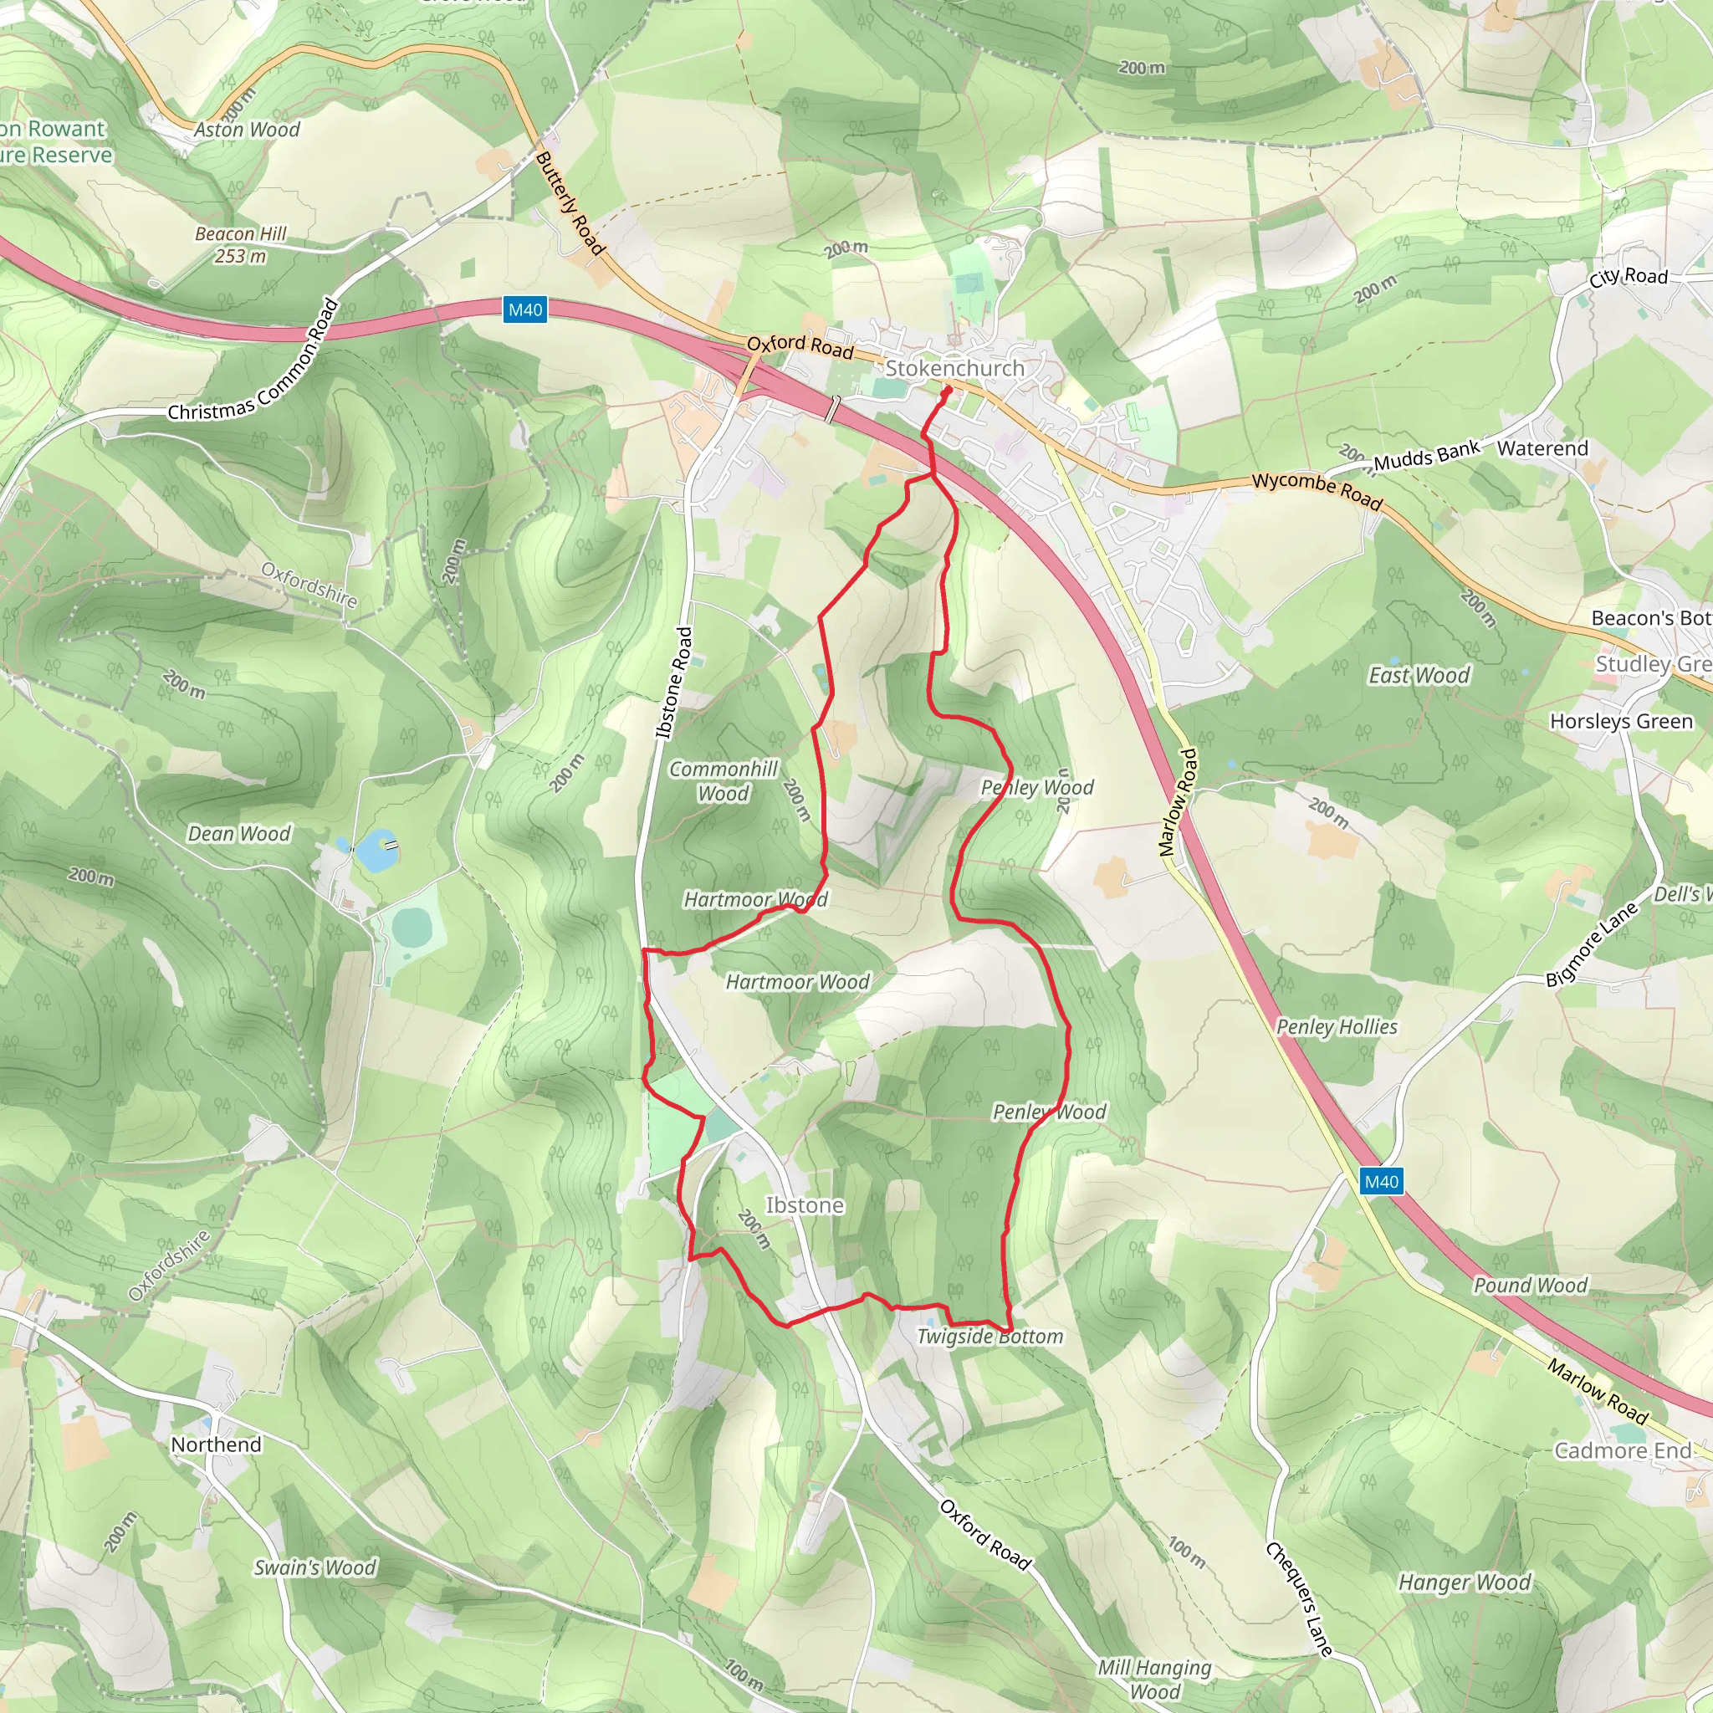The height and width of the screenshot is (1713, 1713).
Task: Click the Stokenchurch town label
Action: click(954, 368)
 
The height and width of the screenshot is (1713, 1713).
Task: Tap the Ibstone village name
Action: click(804, 1205)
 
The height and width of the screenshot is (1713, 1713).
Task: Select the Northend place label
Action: click(217, 1445)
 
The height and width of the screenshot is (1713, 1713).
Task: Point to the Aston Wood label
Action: click(248, 130)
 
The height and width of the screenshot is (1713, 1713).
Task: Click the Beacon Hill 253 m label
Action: click(240, 245)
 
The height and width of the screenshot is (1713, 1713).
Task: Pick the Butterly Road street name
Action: click(570, 203)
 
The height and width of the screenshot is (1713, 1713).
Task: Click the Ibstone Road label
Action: click(674, 683)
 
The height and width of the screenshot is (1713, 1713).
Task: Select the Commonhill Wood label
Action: click(724, 781)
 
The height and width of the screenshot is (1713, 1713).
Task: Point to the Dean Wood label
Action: click(238, 833)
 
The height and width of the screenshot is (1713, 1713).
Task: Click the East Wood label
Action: click(1419, 676)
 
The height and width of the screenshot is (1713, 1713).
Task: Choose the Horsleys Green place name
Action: click(1621, 722)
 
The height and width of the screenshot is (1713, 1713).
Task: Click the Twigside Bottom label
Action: click(989, 1336)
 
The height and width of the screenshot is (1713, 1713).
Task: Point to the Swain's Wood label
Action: click(314, 1567)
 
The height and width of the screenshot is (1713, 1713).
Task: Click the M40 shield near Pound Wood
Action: click(1382, 1182)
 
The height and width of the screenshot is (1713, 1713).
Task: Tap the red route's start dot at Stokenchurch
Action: click(948, 390)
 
